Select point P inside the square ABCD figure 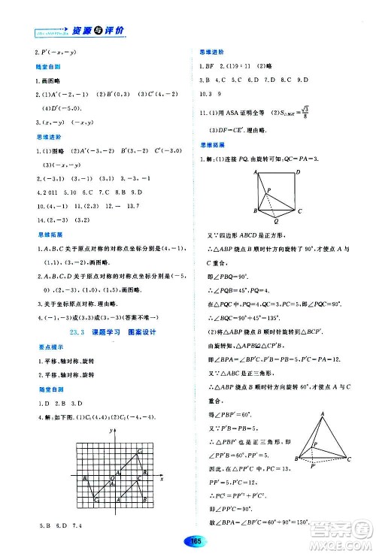pos(274,189)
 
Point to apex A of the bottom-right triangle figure pos(323,413)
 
